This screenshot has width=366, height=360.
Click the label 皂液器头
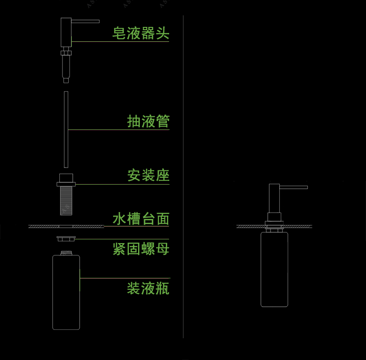(x=141, y=33)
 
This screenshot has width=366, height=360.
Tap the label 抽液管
(x=148, y=122)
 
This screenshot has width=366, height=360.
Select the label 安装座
(x=148, y=175)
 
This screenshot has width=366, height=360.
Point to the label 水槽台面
(x=141, y=219)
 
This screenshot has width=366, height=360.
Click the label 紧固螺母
(x=141, y=249)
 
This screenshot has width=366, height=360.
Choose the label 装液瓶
(x=148, y=288)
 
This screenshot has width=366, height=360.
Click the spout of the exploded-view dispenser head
(x=85, y=21)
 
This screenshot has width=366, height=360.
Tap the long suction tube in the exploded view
(x=66, y=129)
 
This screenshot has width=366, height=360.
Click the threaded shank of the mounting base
(x=66, y=200)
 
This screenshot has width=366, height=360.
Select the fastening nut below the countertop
(x=66, y=238)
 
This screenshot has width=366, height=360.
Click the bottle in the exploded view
(x=66, y=292)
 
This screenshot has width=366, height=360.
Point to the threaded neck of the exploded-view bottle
(x=66, y=253)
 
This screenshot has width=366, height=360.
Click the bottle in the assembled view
(x=274, y=269)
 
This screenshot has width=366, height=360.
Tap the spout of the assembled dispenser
(x=294, y=187)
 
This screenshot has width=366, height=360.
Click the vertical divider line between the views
(x=183, y=177)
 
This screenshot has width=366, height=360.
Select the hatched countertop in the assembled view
(x=274, y=226)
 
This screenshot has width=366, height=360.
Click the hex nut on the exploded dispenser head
(x=66, y=53)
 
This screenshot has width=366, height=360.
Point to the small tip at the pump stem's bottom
(x=66, y=80)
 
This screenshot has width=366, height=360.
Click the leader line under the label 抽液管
(x=119, y=129)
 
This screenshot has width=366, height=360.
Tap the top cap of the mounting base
(x=66, y=178)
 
